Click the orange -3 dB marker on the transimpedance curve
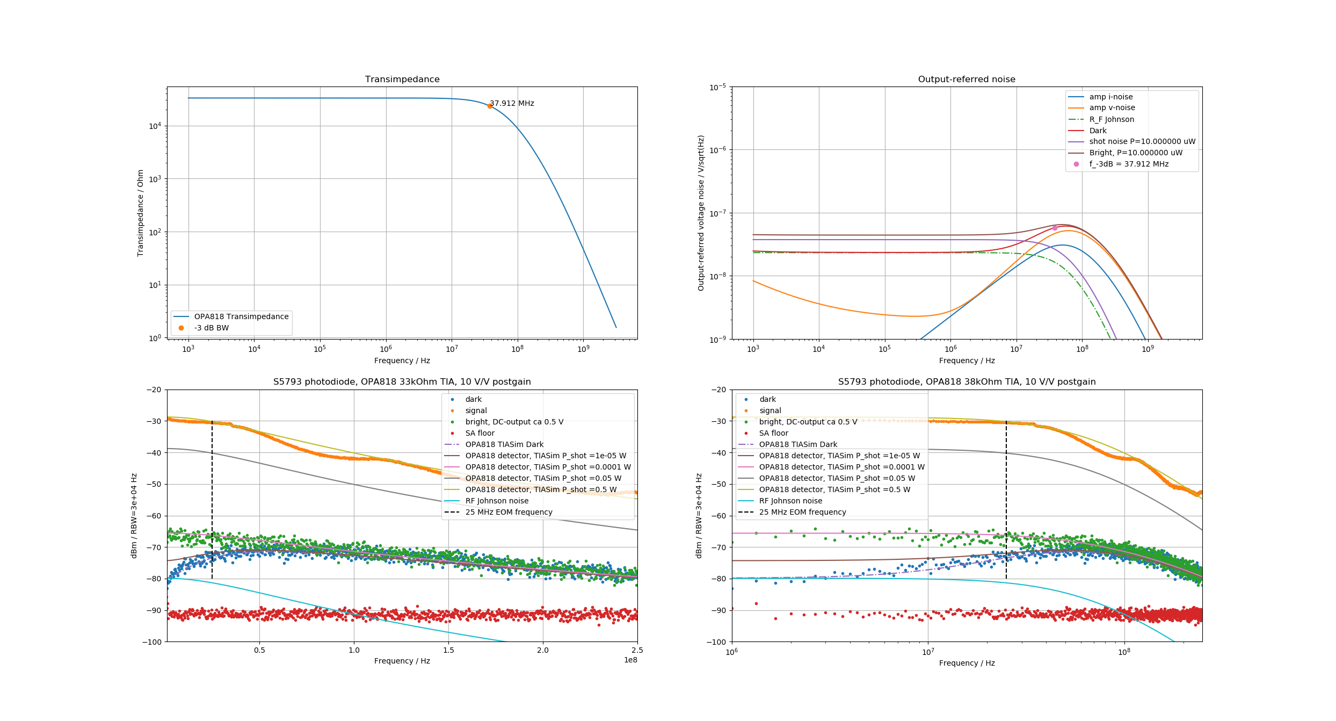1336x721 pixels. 490,106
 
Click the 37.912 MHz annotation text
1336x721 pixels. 512,103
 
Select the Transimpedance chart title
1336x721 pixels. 402,80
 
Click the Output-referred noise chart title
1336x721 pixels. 967,80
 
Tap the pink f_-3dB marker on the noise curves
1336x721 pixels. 1055,228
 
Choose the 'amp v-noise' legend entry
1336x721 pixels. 1112,108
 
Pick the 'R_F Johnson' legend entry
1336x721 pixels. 1112,119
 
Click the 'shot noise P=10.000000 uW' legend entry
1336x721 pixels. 1142,142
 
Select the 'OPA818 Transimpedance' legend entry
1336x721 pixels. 241,316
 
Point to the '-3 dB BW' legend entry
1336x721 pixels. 211,328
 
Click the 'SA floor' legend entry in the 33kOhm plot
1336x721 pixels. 480,433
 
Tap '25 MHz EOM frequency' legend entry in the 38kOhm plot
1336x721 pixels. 802,512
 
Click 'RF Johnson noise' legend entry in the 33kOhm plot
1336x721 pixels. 497,501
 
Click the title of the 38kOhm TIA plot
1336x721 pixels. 967,382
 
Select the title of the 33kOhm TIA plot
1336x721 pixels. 402,382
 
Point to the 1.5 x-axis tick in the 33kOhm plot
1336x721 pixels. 448,650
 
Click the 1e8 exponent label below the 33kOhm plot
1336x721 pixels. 630,660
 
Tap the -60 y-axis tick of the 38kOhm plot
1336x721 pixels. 718,516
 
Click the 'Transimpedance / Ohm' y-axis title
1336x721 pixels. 141,213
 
